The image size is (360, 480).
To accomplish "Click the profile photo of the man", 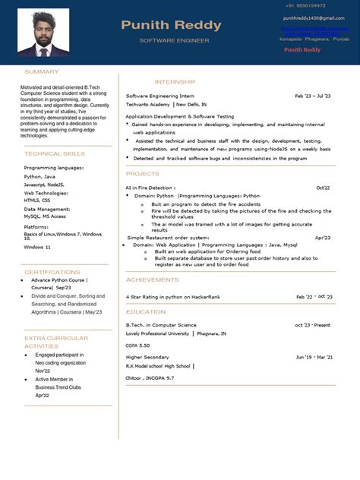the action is (x=43, y=34).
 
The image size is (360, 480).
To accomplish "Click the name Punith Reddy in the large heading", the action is (x=171, y=25).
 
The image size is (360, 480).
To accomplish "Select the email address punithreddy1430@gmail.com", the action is (x=314, y=17).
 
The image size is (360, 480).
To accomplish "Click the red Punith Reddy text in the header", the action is (x=302, y=49).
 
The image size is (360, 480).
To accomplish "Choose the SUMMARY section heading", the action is (x=41, y=71).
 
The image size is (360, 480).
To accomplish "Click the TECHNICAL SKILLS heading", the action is (x=55, y=153).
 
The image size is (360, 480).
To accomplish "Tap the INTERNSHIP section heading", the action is (x=175, y=81).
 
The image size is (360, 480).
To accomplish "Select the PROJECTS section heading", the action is (x=143, y=174).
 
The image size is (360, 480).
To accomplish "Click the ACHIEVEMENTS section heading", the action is (x=152, y=279).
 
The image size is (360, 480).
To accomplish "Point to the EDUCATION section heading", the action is (x=146, y=312).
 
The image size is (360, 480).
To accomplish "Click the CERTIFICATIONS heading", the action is (x=52, y=271).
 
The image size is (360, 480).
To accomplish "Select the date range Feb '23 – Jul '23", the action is (x=313, y=96).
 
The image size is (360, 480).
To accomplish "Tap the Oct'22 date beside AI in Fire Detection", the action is (x=323, y=188).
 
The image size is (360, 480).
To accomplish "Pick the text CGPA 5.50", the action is (x=139, y=345).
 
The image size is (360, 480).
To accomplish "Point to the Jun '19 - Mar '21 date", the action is (x=313, y=357).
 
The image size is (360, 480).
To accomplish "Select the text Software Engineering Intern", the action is (x=159, y=96).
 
